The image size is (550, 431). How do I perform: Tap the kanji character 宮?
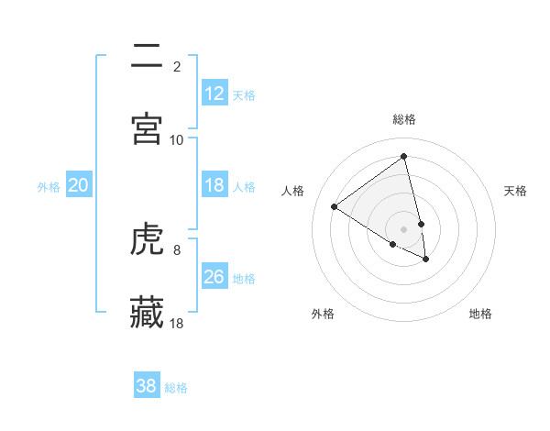[148, 128]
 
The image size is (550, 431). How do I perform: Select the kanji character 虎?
[148, 239]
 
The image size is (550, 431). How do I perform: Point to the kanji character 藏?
[148, 312]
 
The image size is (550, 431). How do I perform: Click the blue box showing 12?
[214, 94]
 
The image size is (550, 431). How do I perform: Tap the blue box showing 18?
[214, 185]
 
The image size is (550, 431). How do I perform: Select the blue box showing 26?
[214, 277]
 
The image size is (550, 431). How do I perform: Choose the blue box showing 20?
[78, 185]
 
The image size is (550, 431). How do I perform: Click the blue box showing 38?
[147, 386]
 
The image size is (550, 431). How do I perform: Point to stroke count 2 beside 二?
[177, 66]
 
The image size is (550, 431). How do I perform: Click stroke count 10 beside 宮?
[177, 139]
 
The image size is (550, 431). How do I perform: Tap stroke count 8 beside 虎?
[177, 249]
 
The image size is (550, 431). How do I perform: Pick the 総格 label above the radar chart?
[404, 119]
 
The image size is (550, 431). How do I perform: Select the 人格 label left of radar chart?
[293, 191]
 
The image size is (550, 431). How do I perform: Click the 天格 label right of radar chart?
[516, 191]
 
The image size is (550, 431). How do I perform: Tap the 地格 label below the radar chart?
[480, 314]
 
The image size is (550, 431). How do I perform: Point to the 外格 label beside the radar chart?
[323, 314]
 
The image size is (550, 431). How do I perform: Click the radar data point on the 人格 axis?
[334, 206]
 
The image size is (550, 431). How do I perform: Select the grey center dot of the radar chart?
[403, 228]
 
